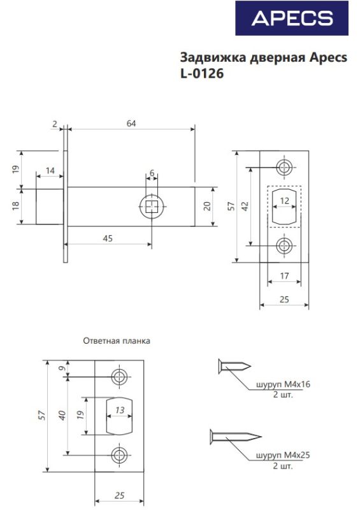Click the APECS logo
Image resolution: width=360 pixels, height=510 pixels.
point(292,18)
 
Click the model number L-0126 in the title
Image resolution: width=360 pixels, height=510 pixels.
point(202,74)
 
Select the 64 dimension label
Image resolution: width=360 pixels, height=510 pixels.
point(131,124)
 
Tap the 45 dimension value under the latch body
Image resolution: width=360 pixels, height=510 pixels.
point(108,238)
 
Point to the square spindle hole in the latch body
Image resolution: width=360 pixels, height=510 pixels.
point(152,207)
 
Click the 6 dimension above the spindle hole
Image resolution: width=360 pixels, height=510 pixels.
point(152,173)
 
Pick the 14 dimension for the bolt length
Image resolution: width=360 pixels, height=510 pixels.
point(50,171)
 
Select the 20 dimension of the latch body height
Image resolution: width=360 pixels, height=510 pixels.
point(208,206)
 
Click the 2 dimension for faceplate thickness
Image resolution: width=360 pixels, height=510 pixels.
point(55,124)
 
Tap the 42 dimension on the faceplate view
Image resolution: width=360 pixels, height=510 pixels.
point(245,206)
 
